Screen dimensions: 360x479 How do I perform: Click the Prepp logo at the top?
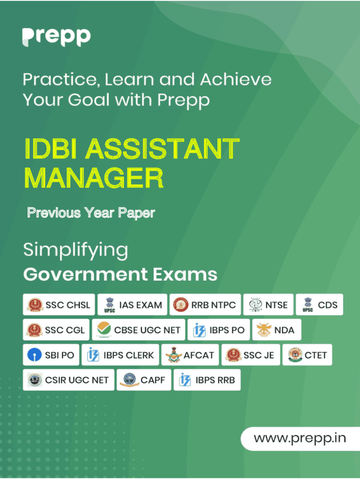[57, 37]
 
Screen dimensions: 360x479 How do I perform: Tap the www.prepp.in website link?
[300, 438]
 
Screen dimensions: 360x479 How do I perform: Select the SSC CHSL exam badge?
[59, 305]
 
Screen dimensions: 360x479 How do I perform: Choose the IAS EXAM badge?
[132, 305]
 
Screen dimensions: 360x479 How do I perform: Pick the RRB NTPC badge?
[205, 305]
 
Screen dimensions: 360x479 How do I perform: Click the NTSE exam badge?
[268, 305]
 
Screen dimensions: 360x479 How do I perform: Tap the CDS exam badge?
[319, 305]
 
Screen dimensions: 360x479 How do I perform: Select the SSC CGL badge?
[56, 330]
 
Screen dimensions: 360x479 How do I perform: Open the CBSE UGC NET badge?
[139, 330]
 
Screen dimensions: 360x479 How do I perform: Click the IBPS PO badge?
[219, 330]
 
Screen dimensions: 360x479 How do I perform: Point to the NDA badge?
[277, 330]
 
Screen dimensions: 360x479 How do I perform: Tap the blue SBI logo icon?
[35, 355]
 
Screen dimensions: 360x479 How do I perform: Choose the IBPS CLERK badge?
[120, 355]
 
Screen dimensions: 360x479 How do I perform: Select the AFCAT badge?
[190, 355]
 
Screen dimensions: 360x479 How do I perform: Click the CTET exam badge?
[307, 355]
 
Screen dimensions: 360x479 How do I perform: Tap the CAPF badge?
[144, 380]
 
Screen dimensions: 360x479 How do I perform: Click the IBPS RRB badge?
[207, 380]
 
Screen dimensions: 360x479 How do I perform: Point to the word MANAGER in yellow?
[94, 178]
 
